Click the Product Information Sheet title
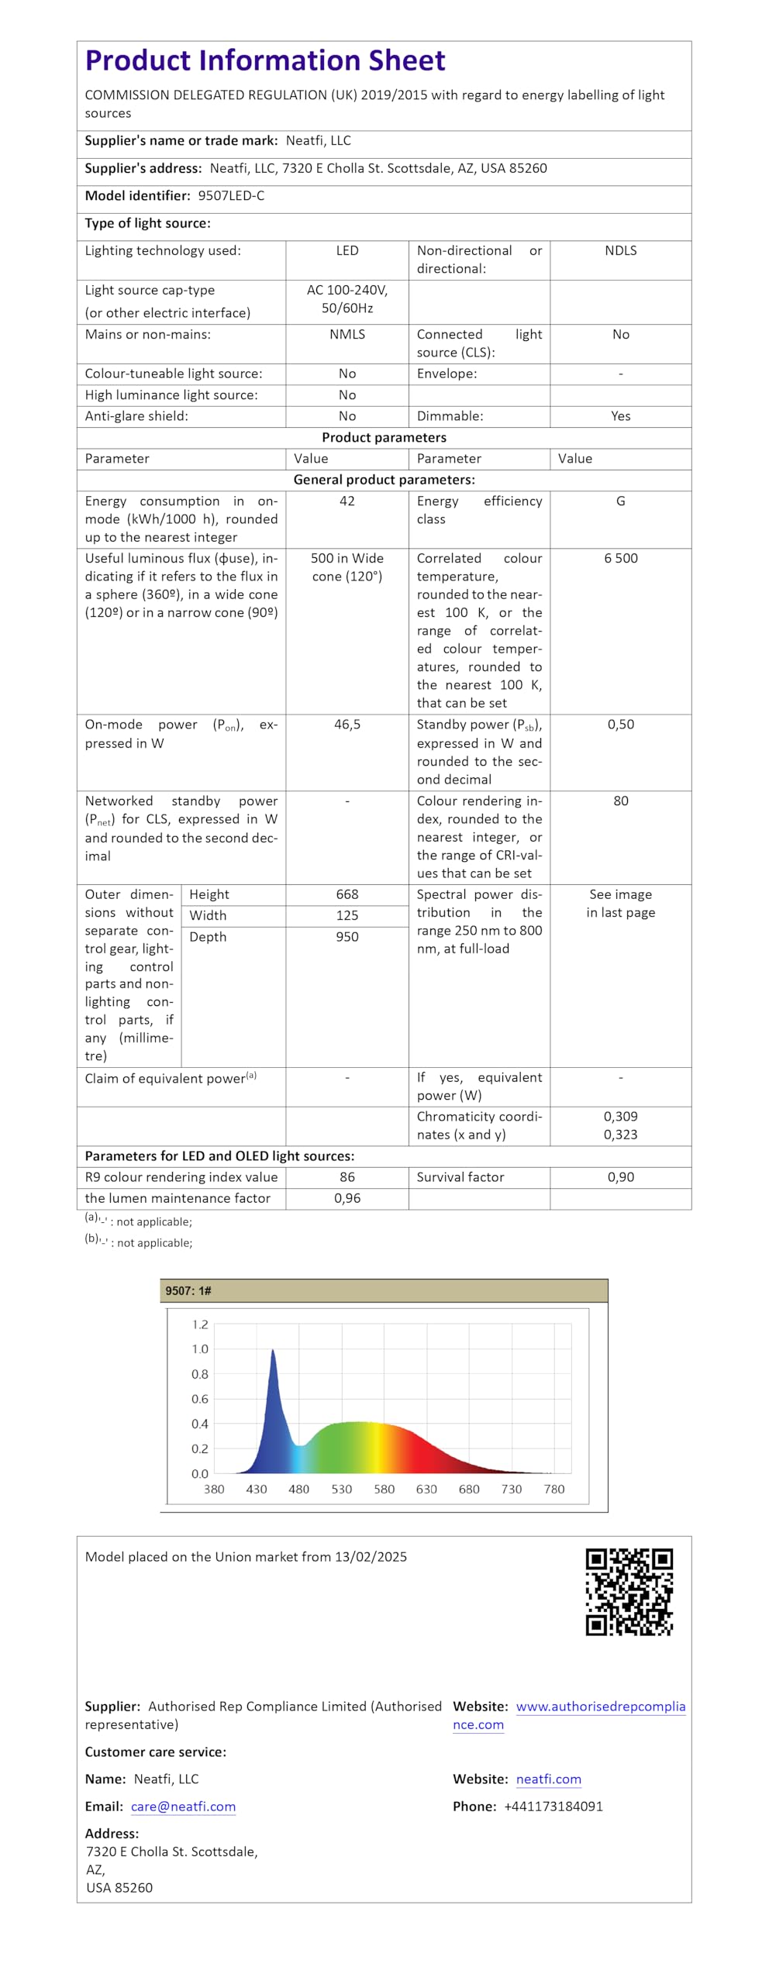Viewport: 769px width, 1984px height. pos(264,60)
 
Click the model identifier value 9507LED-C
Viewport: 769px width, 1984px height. pos(231,196)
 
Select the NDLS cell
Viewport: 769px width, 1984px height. pos(620,251)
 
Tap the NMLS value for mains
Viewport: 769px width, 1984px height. pos(347,335)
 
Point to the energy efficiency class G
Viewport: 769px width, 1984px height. pos(620,501)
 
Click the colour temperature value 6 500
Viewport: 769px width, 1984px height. pos(620,559)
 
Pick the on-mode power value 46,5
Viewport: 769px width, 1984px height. pos(347,725)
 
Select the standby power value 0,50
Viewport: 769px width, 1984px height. pos(620,725)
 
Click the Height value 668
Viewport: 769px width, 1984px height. pos(347,894)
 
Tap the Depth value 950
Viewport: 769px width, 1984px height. pos(347,937)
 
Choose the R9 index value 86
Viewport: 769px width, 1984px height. pos(347,1177)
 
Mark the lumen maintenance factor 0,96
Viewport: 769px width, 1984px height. pos(347,1198)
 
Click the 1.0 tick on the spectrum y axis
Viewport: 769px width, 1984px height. pos(200,1349)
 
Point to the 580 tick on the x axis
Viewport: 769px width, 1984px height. pos(384,1490)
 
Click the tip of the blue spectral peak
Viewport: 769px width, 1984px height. pos(273,1351)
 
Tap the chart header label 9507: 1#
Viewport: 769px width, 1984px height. pos(188,1291)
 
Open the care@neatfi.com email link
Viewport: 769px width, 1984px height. pos(183,1807)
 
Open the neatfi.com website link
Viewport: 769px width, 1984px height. pos(548,1779)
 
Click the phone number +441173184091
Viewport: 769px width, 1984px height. pos(553,1807)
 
